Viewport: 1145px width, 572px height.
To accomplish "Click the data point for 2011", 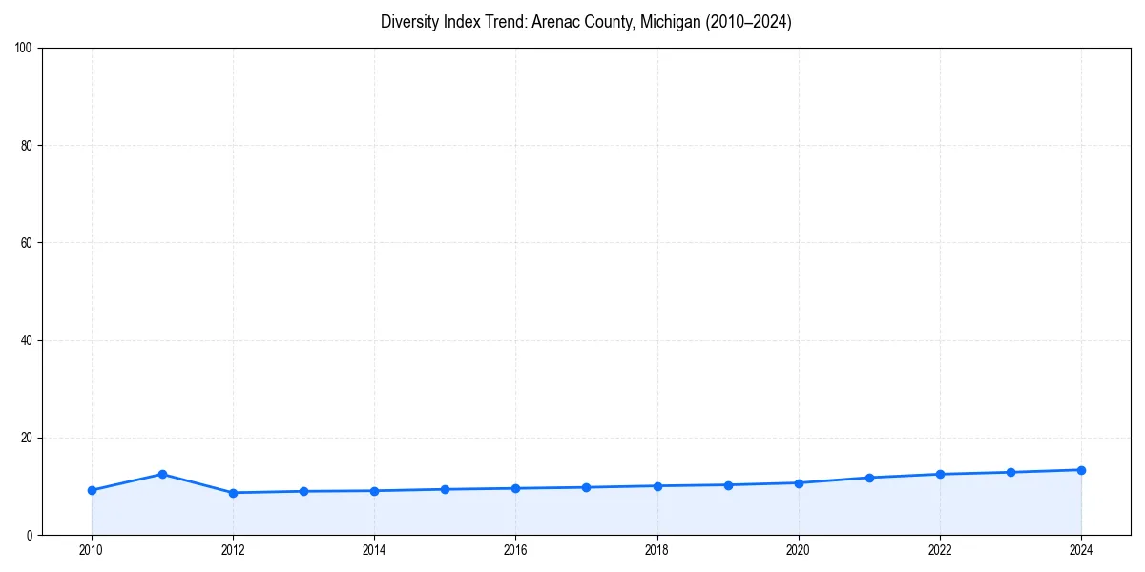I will (x=162, y=474).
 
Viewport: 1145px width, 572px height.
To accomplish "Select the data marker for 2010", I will (x=92, y=490).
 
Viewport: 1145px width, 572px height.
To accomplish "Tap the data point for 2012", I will (x=233, y=493).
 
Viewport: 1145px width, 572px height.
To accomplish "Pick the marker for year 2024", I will (x=1081, y=470).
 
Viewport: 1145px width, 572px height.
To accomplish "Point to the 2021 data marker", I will (x=869, y=478).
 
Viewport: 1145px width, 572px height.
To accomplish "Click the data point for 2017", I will (x=586, y=487).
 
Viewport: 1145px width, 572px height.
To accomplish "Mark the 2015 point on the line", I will (x=445, y=489).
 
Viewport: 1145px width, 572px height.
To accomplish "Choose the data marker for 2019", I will (x=728, y=485).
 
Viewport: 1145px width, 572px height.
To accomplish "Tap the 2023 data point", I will (x=1010, y=472).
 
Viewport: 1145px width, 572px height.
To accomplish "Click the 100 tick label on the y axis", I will (x=25, y=48).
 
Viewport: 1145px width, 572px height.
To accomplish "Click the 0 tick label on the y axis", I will (x=31, y=535).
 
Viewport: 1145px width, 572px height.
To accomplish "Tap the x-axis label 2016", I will (x=515, y=549).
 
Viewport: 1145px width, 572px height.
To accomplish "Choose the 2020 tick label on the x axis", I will (x=799, y=549).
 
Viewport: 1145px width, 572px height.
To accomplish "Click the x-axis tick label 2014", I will (x=374, y=549).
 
